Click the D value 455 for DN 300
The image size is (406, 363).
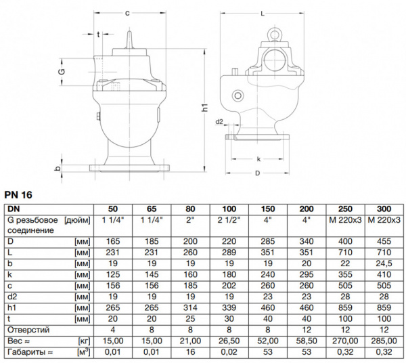[x=385, y=241]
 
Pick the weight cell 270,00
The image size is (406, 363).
[x=346, y=341]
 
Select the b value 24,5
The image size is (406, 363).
[x=385, y=263]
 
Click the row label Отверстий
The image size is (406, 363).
[x=26, y=330]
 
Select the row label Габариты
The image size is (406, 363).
[x=28, y=352]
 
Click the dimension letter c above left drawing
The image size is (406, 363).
[x=127, y=12]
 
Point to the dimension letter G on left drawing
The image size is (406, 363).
[x=60, y=71]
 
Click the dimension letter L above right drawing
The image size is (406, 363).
[x=261, y=12]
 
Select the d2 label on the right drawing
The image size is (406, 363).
[x=219, y=123]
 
